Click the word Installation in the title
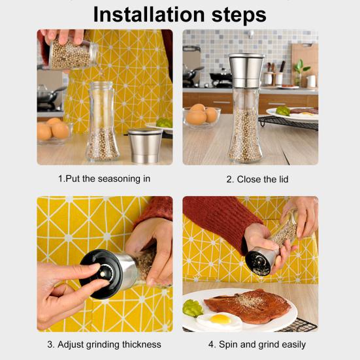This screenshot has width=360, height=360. (x=149, y=14)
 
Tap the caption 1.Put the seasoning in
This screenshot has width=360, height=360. (x=105, y=178)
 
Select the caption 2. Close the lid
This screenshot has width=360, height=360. (x=257, y=179)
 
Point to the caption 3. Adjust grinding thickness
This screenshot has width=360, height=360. (x=105, y=344)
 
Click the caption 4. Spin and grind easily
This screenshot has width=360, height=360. (x=257, y=344)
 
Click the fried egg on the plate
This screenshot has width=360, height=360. (x=220, y=320)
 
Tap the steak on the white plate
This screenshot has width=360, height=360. (x=248, y=306)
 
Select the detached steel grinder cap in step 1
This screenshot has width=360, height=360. (x=145, y=145)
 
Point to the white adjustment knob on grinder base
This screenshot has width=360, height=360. (x=103, y=274)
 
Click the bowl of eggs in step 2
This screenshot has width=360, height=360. (x=202, y=117)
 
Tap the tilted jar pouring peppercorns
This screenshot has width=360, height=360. (x=73, y=55)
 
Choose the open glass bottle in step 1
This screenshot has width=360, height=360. (x=103, y=122)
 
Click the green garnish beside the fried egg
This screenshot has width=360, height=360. (x=192, y=308)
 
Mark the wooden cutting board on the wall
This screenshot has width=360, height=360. (x=304, y=64)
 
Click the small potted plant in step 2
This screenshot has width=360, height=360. (x=300, y=72)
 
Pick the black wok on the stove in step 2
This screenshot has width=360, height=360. (x=192, y=73)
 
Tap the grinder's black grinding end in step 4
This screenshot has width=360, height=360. (x=257, y=263)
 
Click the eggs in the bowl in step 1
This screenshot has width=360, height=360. (x=54, y=129)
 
